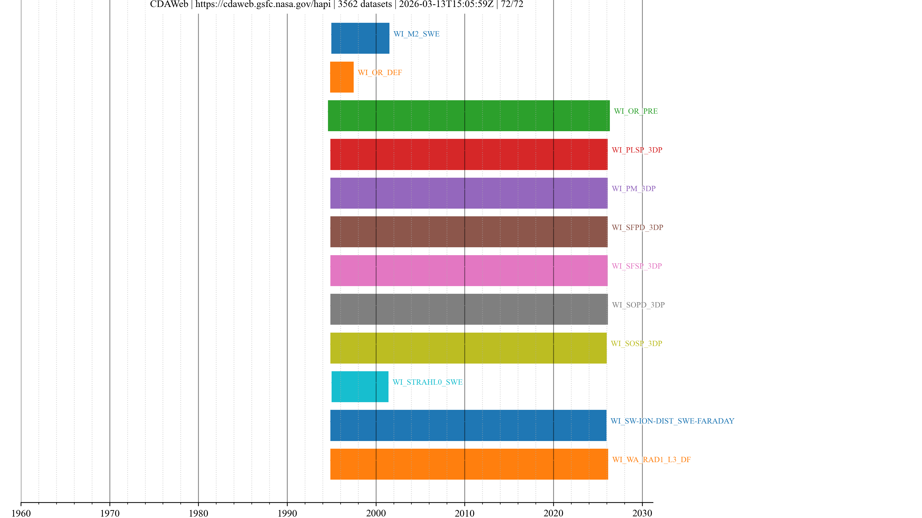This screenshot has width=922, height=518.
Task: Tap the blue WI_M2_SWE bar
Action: click(x=360, y=38)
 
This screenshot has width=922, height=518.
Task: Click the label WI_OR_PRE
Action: click(x=636, y=111)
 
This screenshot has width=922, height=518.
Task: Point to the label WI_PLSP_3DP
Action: click(x=637, y=150)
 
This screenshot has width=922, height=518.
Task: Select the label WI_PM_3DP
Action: click(x=634, y=189)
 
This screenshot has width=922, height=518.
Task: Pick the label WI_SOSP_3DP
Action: click(x=636, y=344)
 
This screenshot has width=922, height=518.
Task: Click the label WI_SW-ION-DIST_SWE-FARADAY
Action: click(x=672, y=421)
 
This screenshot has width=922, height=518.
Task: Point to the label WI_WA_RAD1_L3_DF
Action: click(x=651, y=460)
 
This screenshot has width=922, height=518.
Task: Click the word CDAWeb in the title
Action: click(x=169, y=4)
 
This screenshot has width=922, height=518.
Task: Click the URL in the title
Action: click(x=263, y=4)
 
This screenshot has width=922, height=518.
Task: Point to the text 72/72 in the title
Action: click(x=512, y=4)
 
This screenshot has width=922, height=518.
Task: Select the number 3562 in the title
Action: click(x=349, y=4)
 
